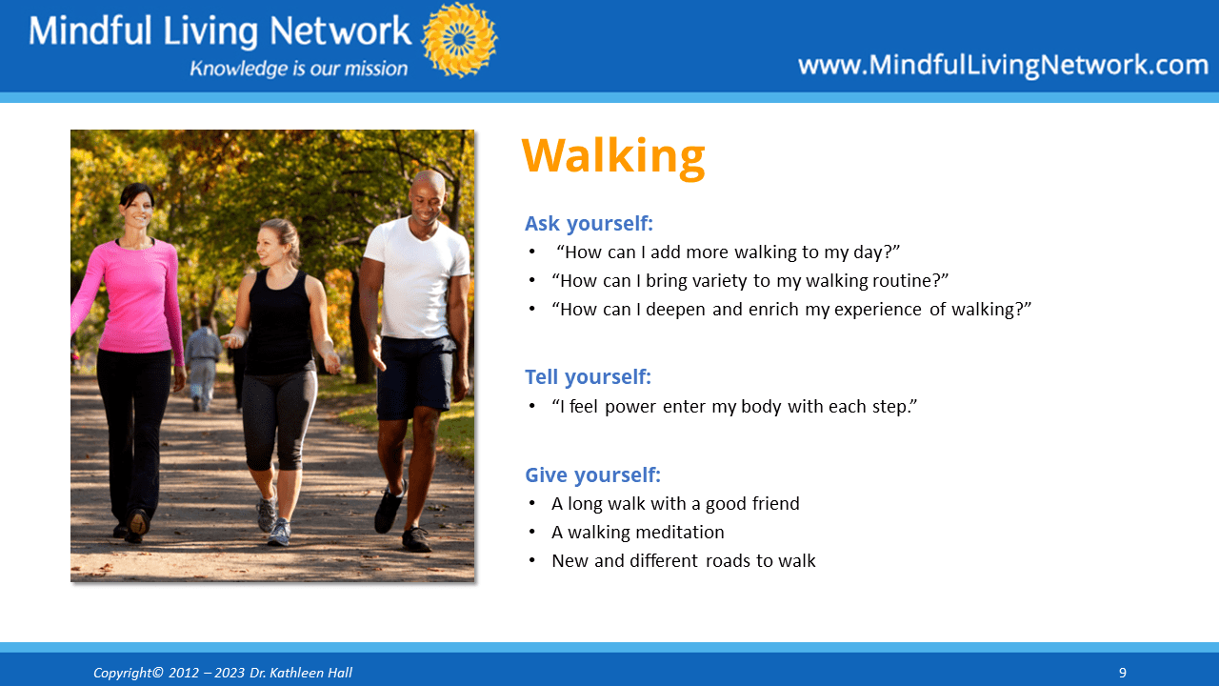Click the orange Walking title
613,157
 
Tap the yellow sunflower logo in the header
460,40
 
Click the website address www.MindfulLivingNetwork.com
1003,65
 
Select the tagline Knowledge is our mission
298,69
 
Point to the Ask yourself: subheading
589,224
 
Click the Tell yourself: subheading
588,376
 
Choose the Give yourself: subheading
592,474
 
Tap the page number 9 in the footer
1122,673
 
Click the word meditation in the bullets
680,532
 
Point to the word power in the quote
630,407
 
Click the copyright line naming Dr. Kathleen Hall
223,673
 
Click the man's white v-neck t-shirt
416,277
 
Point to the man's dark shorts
416,376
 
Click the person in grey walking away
203,365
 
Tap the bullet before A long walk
531,503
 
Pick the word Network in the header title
340,30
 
